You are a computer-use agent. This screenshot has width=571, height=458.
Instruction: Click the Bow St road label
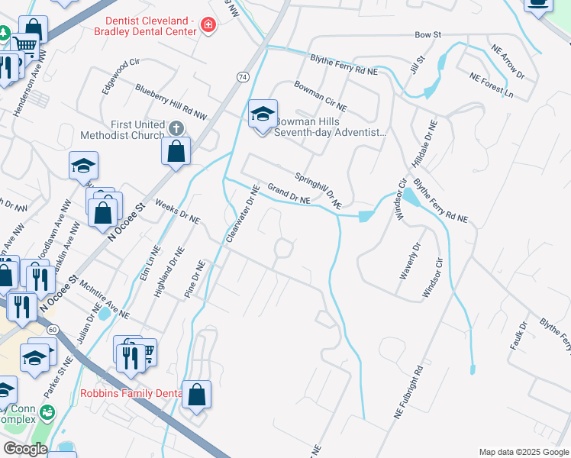(x=428, y=35)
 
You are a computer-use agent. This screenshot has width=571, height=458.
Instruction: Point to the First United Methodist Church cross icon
(x=176, y=127)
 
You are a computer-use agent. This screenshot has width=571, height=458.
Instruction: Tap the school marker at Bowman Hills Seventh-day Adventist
(x=263, y=115)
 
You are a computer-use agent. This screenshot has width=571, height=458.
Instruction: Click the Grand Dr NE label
(x=288, y=192)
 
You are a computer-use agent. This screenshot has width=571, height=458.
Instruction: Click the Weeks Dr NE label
(x=176, y=211)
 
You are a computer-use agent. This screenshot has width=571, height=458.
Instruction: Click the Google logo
(x=25, y=449)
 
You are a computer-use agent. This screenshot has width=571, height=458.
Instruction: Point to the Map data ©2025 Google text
(x=523, y=452)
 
